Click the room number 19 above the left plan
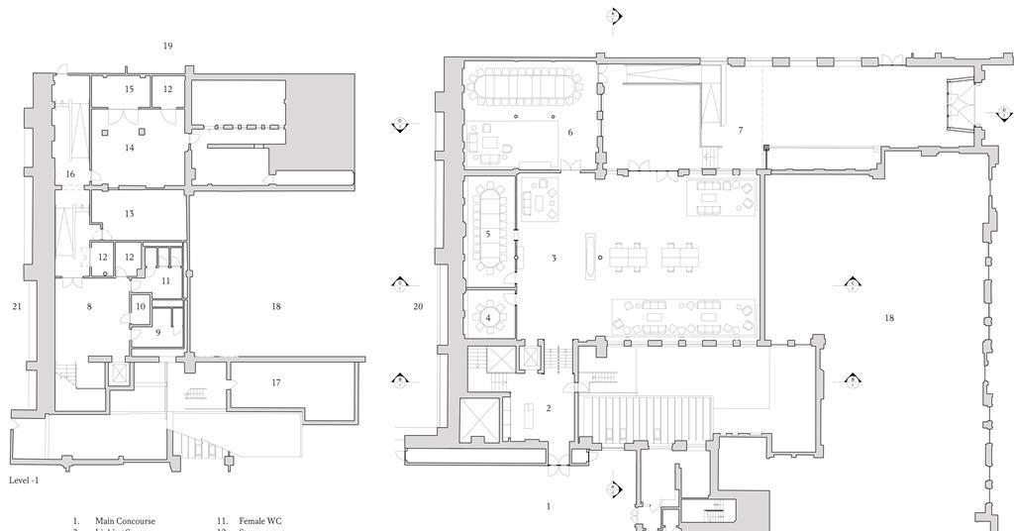(x=167, y=47)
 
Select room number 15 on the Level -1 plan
(x=129, y=89)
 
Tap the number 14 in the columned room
(x=129, y=148)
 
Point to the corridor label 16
(x=70, y=174)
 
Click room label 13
(x=129, y=214)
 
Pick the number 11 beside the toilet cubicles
(x=165, y=281)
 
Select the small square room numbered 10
(x=141, y=307)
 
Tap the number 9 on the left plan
(x=157, y=333)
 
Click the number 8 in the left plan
(x=89, y=307)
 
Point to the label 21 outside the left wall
(x=17, y=307)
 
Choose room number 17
(x=276, y=382)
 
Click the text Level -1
(x=24, y=480)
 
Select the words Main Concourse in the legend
(x=125, y=521)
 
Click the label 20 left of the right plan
(x=418, y=307)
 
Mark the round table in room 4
(x=488, y=318)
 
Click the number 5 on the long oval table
(x=488, y=235)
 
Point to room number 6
(x=570, y=132)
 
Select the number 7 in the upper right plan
(x=740, y=131)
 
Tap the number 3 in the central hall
(x=554, y=259)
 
